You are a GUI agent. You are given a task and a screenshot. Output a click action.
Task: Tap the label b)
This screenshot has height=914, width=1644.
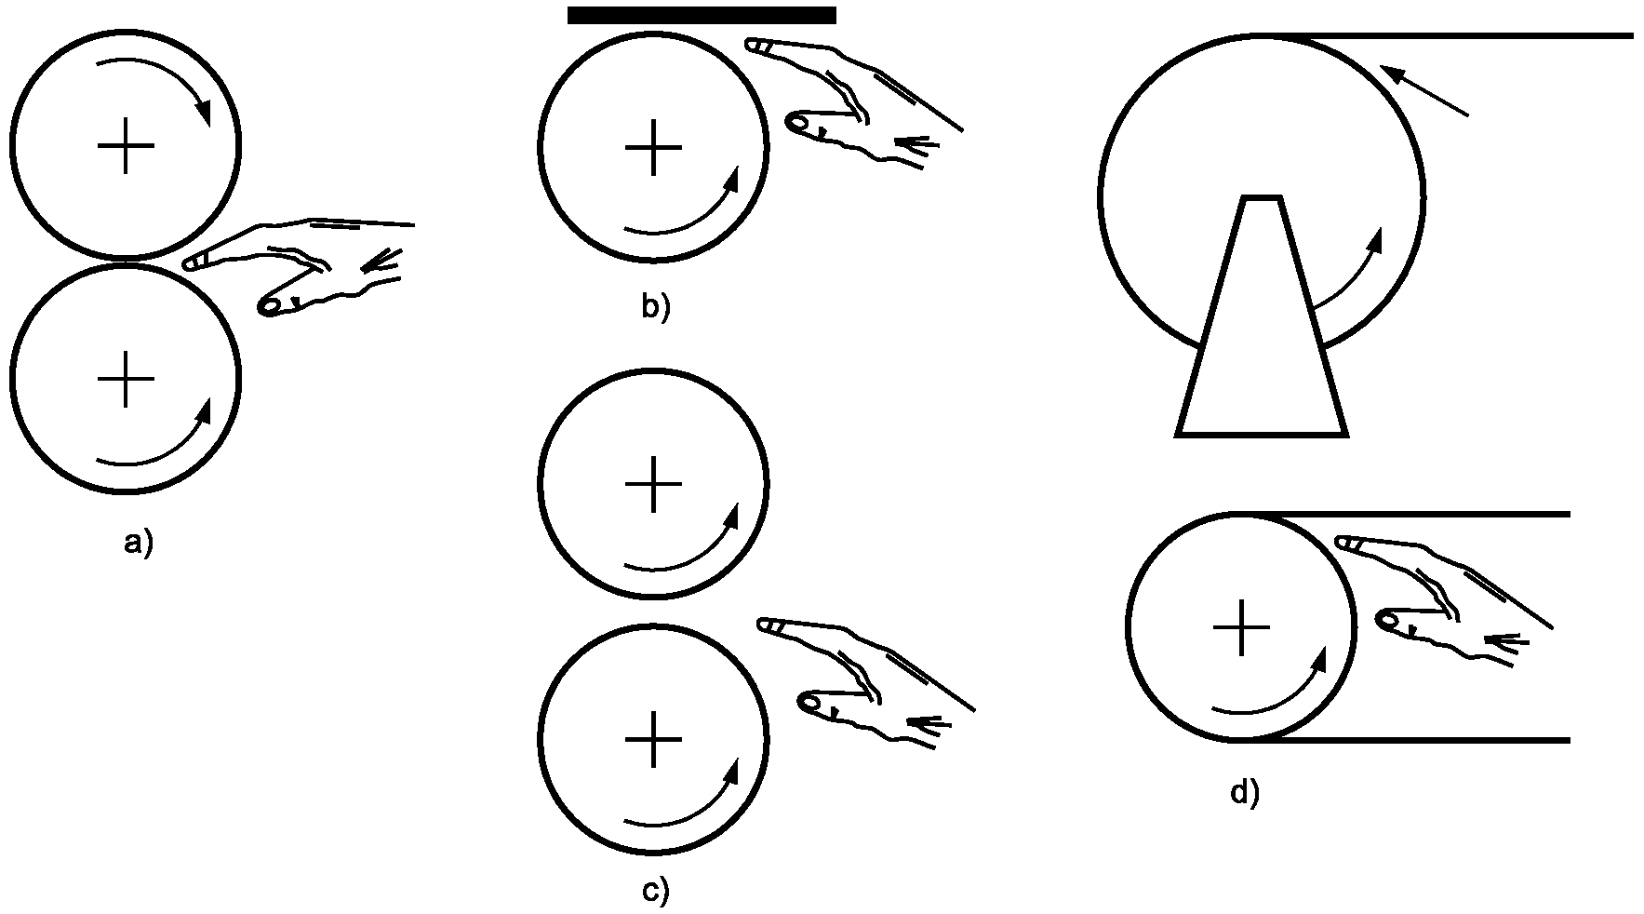[x=655, y=306]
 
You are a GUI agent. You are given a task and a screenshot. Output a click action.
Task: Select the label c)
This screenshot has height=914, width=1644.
[x=655, y=890]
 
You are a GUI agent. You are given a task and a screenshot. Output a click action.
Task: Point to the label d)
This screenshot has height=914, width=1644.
[x=1244, y=792]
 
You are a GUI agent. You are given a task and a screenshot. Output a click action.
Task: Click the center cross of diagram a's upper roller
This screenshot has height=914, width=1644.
[x=126, y=146]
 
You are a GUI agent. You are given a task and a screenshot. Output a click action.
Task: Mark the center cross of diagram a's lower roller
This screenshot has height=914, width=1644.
[x=126, y=379]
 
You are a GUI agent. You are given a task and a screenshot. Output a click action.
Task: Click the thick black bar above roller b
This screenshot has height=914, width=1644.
[x=702, y=15]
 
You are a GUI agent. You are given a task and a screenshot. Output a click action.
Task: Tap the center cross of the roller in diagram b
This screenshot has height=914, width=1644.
[x=654, y=147]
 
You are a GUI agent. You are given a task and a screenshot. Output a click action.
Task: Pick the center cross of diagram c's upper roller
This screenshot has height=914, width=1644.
[x=654, y=484]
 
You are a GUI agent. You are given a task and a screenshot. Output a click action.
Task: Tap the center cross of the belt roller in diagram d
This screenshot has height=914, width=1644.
[x=1241, y=627]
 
